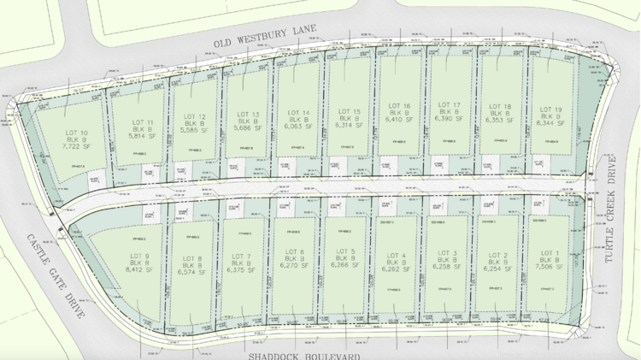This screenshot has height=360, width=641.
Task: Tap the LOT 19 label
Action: point(550,109)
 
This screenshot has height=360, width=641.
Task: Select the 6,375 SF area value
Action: point(242,269)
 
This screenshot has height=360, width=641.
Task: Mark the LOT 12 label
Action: point(194,116)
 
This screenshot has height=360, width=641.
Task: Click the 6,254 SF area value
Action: point(498,267)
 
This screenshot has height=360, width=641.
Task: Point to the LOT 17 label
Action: point(450,105)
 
